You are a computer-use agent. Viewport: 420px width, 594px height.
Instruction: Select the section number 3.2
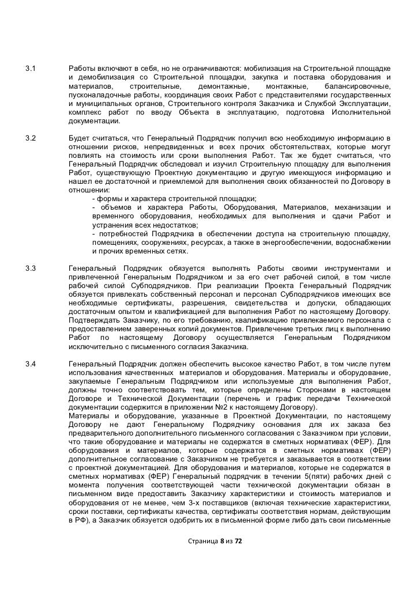click(x=32, y=139)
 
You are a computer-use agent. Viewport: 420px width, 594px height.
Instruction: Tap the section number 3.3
click(x=32, y=268)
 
